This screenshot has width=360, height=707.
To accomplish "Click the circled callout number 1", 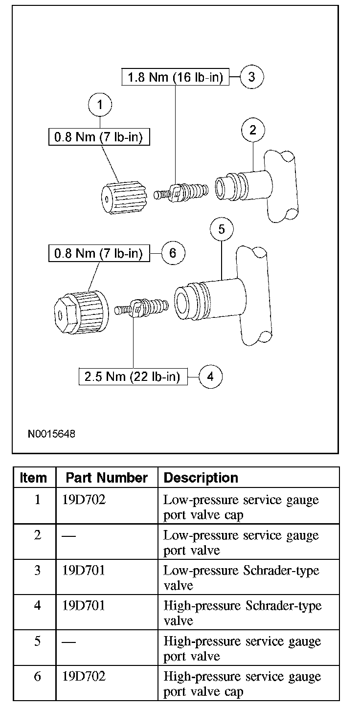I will [x=100, y=105].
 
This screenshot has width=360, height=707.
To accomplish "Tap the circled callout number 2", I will [x=253, y=130].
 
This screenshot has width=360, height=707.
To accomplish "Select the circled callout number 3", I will [x=252, y=77].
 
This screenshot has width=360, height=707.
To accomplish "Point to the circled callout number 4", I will [x=210, y=376].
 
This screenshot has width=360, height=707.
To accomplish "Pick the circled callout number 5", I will [x=222, y=229].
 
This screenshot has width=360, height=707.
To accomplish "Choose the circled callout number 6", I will [x=173, y=253].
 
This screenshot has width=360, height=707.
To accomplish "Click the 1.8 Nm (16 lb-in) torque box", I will [x=176, y=77].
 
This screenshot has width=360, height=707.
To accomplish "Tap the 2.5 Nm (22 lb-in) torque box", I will [x=133, y=377].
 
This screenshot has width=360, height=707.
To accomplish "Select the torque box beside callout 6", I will [x=98, y=254].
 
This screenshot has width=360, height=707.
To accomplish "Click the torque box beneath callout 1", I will [x=98, y=137].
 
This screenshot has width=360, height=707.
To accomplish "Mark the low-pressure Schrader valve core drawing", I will [x=181, y=193].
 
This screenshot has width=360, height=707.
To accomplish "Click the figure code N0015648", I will [x=52, y=434].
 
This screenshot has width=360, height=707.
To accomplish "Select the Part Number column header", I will [x=107, y=478].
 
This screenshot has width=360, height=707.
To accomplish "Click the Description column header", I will [x=201, y=478].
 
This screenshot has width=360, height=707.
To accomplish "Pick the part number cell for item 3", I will [x=84, y=570].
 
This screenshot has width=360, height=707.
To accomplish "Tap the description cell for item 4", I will [x=243, y=613].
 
